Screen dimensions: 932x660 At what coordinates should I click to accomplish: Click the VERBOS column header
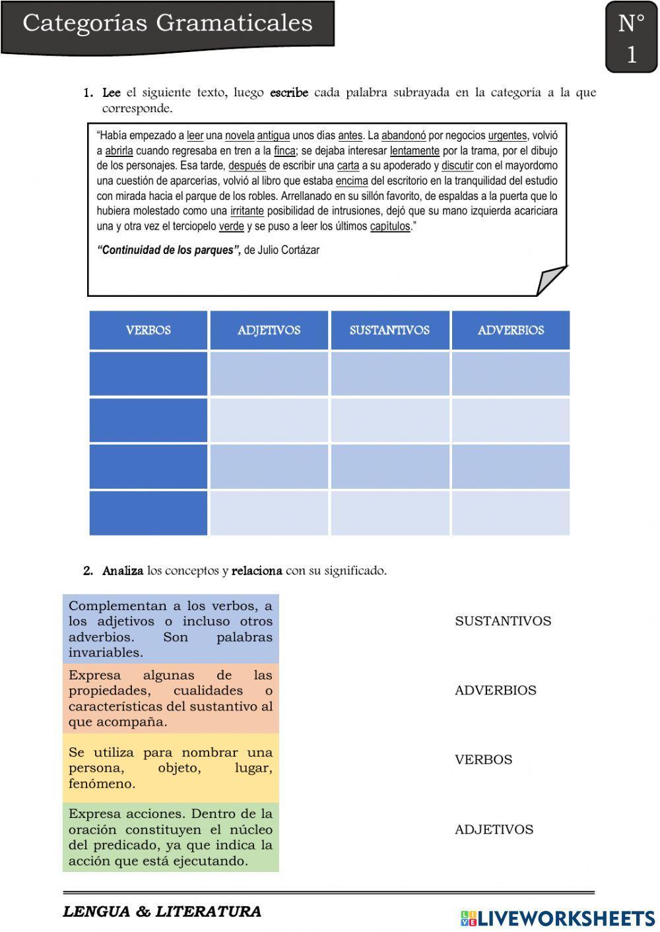coord(148,330)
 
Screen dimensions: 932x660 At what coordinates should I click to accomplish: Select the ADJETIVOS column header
coord(269,330)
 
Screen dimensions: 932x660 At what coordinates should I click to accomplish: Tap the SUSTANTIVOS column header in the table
coord(389,330)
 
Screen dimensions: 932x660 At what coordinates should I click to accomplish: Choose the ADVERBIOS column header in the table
coord(511,330)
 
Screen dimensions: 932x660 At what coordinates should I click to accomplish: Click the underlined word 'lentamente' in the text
coord(414,151)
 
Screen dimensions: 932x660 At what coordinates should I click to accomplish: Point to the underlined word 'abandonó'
coord(403,136)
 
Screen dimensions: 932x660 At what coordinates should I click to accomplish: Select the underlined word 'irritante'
coord(247,212)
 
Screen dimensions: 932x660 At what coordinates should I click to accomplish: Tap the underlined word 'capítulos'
coord(390,227)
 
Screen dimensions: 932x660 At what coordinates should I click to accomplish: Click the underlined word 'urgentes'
coord(507,136)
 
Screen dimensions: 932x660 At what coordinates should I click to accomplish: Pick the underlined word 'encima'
coord(351,181)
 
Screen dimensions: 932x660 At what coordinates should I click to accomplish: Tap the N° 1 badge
coord(632,38)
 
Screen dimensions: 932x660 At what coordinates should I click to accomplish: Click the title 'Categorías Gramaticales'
coord(168,24)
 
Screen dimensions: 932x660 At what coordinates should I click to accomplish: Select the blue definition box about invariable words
coord(170,629)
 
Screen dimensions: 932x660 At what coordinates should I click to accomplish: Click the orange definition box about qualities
coord(170,699)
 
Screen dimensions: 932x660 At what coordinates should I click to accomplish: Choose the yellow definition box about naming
coord(170,768)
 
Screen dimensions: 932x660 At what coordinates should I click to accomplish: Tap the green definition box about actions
coord(170,837)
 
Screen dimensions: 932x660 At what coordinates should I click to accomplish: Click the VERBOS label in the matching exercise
coord(483,760)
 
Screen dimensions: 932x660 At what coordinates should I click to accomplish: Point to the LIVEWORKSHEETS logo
coord(558,918)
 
